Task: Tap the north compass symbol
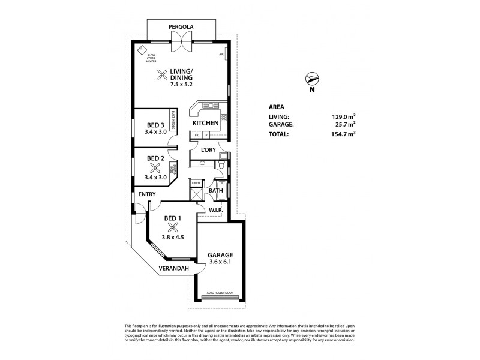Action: (x=312, y=79)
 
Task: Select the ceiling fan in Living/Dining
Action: (x=162, y=74)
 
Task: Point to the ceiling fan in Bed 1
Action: (x=173, y=227)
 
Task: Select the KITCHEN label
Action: (x=205, y=123)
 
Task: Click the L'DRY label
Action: (x=209, y=149)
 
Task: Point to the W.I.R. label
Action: (x=215, y=210)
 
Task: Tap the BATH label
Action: (x=216, y=191)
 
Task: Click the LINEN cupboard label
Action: (x=196, y=182)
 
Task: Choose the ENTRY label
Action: (x=147, y=194)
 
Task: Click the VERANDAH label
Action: (x=174, y=268)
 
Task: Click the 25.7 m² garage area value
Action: (x=344, y=124)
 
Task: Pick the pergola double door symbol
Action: (x=180, y=39)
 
